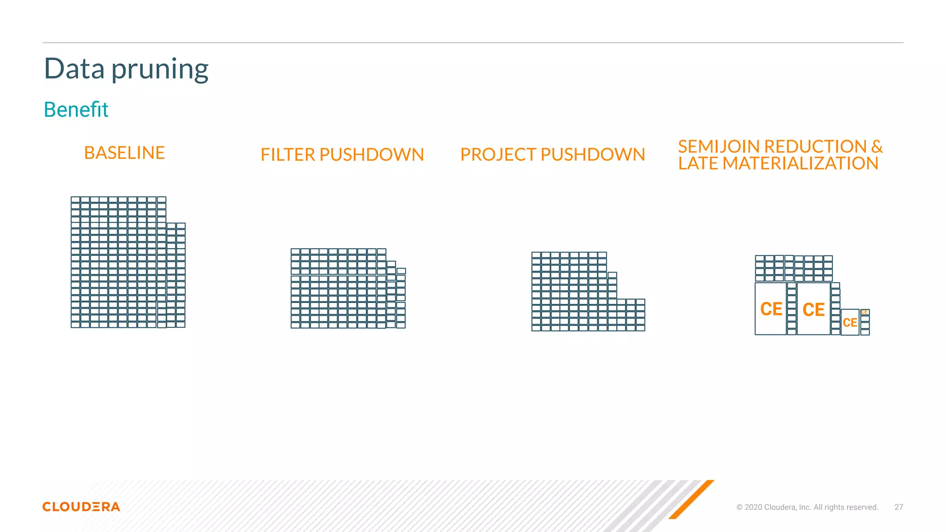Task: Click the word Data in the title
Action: tap(74, 69)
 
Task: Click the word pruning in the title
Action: tap(160, 70)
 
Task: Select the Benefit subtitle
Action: tap(76, 110)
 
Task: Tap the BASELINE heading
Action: tap(124, 153)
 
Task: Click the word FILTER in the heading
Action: tap(287, 155)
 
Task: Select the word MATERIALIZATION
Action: tap(800, 163)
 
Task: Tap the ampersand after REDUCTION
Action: tap(877, 146)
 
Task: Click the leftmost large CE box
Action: tap(770, 309)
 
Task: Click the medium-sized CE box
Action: tap(850, 322)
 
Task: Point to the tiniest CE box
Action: tap(864, 312)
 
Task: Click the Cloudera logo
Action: tap(81, 507)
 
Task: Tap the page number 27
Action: tap(898, 507)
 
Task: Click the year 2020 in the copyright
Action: tap(753, 507)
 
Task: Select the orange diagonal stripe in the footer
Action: tap(691, 499)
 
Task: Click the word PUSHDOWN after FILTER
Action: tap(371, 155)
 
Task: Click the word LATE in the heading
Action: tap(698, 163)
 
